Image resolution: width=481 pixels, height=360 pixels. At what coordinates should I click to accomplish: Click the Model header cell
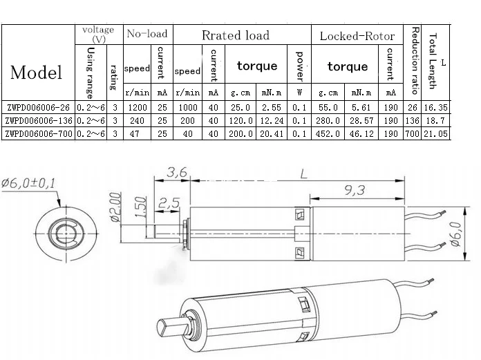36,73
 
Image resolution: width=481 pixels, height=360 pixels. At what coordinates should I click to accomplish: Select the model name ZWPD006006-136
39,120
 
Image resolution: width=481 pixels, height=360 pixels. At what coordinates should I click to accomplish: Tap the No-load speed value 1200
138,108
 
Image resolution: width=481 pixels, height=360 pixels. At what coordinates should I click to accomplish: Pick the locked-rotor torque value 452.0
328,133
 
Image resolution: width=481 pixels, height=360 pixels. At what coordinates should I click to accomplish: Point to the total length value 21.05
435,133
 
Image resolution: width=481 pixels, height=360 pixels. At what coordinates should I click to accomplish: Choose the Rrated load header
236,35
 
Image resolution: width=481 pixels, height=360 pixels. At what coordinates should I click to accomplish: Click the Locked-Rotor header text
357,36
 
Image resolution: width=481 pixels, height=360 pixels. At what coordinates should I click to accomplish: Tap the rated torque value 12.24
272,120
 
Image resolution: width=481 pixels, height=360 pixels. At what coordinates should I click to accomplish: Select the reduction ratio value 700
412,133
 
